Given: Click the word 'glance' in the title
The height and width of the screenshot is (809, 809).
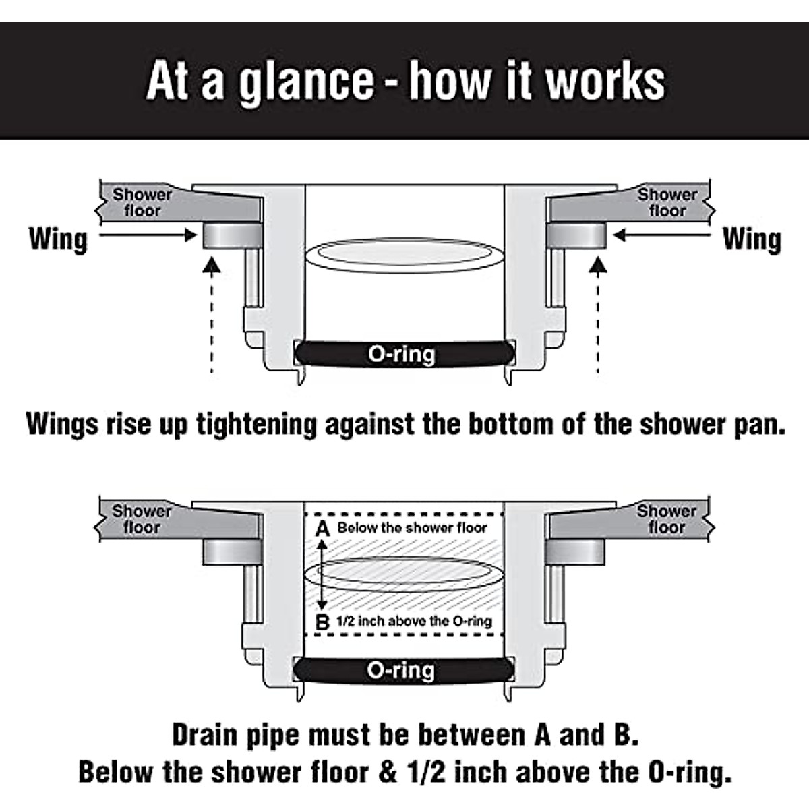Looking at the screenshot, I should click(307, 81).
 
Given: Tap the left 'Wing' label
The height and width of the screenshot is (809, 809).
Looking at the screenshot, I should click(58, 239).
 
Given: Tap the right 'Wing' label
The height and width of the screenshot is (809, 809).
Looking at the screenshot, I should click(752, 239).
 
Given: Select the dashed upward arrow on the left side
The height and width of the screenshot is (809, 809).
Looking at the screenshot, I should click(212, 317).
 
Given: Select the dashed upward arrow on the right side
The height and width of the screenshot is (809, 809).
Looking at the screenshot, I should click(597, 317).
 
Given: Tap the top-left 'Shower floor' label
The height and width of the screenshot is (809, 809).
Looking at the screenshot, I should click(142, 202).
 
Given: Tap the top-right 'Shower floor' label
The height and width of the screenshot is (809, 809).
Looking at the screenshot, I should click(667, 202).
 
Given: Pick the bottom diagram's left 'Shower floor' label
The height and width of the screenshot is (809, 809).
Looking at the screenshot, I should click(142, 519).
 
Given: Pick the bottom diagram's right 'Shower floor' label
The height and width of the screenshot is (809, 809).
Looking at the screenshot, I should click(667, 519).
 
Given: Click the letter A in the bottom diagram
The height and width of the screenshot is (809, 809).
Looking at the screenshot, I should click(323, 529).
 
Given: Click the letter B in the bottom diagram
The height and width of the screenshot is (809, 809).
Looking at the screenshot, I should click(323, 622).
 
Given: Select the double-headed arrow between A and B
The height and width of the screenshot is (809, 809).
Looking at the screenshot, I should click(323, 575).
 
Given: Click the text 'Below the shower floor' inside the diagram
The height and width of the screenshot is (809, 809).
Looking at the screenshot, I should click(412, 528).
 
